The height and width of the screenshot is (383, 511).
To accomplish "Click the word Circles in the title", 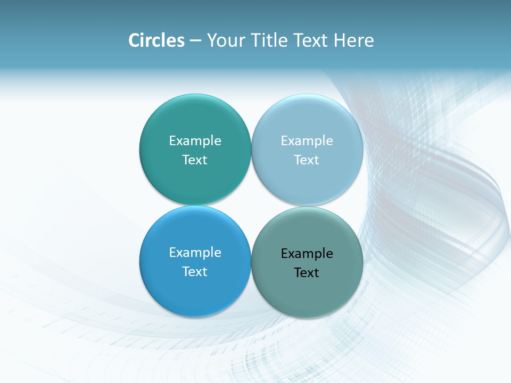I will point(156,40).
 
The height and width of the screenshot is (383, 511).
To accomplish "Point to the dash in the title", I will point(195,41).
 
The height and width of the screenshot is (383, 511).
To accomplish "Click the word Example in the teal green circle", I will point(195,140).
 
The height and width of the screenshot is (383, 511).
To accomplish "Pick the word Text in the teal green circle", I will point(195,160).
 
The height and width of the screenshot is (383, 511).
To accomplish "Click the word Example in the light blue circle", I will point(307,140).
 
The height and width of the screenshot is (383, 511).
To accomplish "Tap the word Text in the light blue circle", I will point(307,160).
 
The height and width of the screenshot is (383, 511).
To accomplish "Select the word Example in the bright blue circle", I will point(195,252).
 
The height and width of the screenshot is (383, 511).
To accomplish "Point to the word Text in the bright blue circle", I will point(195,271).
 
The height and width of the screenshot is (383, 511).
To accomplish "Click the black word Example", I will point(307,253).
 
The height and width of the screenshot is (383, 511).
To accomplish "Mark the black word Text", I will point(307,272).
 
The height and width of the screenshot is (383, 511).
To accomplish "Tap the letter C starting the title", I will point(134,40).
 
